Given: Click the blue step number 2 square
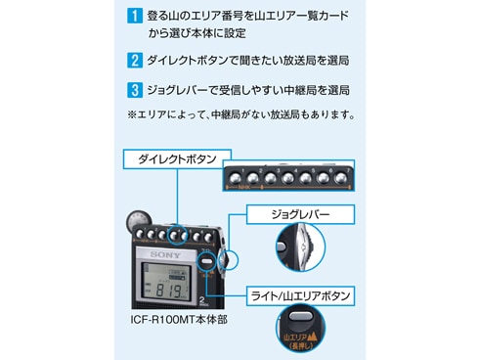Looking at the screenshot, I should (x=135, y=60).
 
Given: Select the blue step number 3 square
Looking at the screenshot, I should (x=135, y=90).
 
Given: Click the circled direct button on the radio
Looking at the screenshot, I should (x=178, y=235).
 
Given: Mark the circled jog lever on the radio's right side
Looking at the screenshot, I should (x=231, y=259).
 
